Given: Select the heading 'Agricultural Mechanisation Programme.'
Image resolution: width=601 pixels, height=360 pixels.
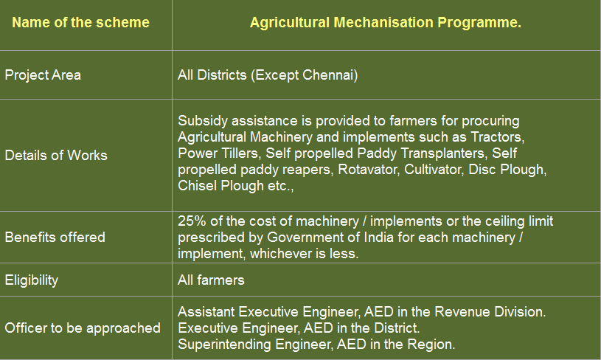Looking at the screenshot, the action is (386, 23).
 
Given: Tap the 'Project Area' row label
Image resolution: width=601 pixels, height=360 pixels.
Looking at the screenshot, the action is (43, 75).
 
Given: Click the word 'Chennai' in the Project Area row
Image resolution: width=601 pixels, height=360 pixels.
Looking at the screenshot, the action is (327, 75).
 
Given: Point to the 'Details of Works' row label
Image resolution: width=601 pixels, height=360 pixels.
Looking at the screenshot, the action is (56, 155).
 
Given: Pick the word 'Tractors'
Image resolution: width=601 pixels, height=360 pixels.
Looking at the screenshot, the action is (498, 137).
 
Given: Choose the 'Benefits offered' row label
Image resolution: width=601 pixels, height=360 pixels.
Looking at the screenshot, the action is (55, 238).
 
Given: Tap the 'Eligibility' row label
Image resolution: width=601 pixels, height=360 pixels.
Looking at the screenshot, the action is (32, 280).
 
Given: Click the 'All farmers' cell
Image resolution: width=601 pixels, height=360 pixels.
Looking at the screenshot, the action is (211, 280).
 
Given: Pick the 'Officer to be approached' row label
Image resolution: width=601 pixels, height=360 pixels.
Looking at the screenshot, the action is (83, 328).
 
